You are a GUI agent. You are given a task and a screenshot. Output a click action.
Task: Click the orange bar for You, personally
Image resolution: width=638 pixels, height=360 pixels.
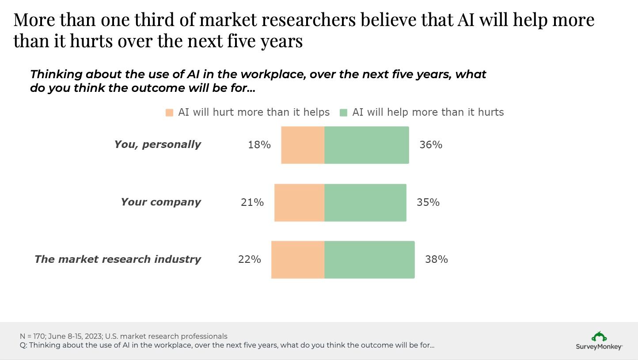pos(303,145)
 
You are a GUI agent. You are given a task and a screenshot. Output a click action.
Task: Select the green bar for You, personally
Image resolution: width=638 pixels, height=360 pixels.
pos(367,145)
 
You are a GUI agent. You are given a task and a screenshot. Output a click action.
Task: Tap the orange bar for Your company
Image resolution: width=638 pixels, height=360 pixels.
pos(299,202)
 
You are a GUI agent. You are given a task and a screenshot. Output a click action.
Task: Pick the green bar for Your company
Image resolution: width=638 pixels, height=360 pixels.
pos(365,202)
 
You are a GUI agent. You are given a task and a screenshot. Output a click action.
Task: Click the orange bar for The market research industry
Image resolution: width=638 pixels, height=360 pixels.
pos(298,260)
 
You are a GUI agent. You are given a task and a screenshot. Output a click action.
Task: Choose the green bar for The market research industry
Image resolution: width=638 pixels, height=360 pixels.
pos(369,260)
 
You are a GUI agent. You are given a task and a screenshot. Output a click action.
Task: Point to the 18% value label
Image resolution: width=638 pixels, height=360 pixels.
pos(259,145)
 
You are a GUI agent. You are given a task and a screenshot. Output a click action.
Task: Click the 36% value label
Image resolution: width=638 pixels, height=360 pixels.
pos(431,145)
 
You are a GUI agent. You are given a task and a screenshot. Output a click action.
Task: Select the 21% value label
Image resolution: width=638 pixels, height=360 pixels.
pos(252,202)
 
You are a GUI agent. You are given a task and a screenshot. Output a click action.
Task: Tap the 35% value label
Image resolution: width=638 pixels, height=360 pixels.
pos(428,202)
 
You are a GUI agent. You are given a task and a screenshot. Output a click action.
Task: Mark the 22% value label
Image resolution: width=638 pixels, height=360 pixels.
pos(249,260)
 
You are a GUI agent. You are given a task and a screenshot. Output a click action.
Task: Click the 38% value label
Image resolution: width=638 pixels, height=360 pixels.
pos(437,260)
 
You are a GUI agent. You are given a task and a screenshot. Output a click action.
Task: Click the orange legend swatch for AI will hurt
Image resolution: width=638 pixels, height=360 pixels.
pos(169,113)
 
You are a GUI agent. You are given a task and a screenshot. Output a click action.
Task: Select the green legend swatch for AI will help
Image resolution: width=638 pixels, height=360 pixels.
pos(344,113)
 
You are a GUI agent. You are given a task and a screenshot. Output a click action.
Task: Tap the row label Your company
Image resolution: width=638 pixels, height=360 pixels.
pos(161,202)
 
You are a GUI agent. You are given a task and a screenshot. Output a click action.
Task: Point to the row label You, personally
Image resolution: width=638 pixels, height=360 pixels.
pos(158,144)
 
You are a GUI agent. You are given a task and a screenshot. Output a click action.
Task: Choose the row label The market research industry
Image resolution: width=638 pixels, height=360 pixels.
pos(118,259)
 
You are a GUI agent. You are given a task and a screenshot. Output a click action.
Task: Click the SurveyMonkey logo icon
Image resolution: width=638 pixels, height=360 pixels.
pos(599,337)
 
